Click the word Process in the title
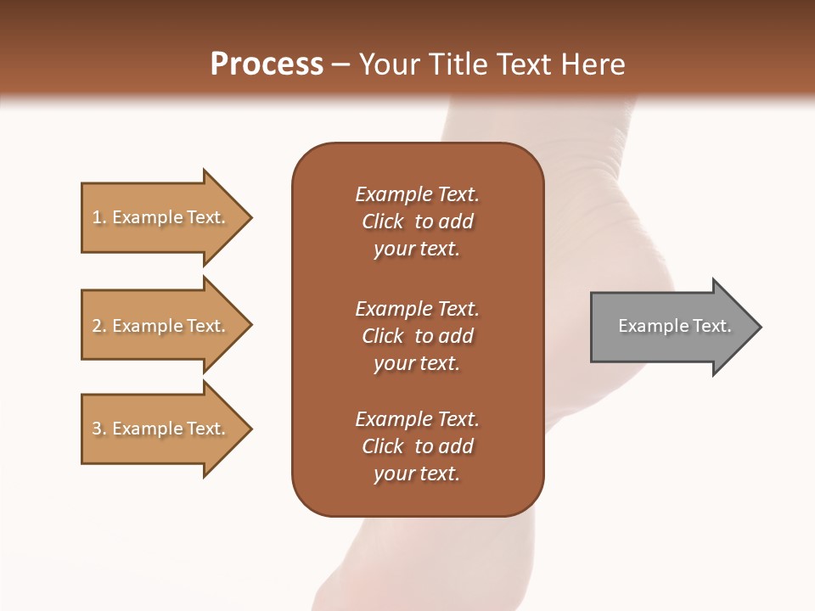point(267,64)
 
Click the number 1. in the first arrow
point(99,218)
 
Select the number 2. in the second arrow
point(99,326)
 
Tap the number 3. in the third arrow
point(99,429)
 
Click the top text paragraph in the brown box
point(417,221)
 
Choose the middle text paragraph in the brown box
point(417,336)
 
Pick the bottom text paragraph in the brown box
point(417,446)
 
